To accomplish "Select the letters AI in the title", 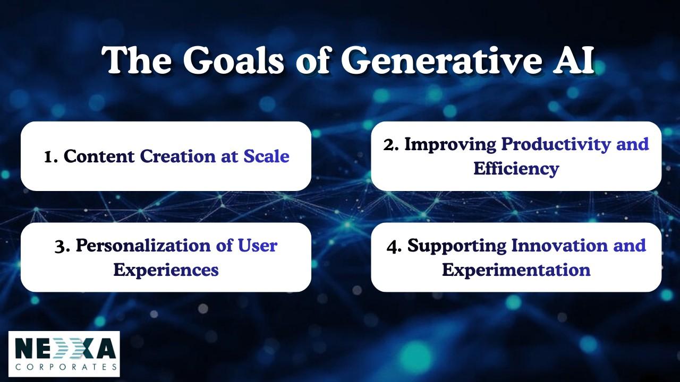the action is (573, 60).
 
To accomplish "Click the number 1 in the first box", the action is (48, 157).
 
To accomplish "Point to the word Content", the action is (99, 157).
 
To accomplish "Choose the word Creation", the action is (177, 157).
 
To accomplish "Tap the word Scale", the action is (266, 157).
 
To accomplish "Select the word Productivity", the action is (556, 145).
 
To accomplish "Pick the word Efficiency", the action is (516, 169).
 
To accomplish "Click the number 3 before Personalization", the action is (60, 247).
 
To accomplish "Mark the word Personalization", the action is (143, 245).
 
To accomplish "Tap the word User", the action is (258, 245).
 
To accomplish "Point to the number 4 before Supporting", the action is (392, 247).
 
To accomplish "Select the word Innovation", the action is (559, 245).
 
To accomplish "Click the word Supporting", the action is (457, 246).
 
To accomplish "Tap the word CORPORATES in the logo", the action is (66, 367).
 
